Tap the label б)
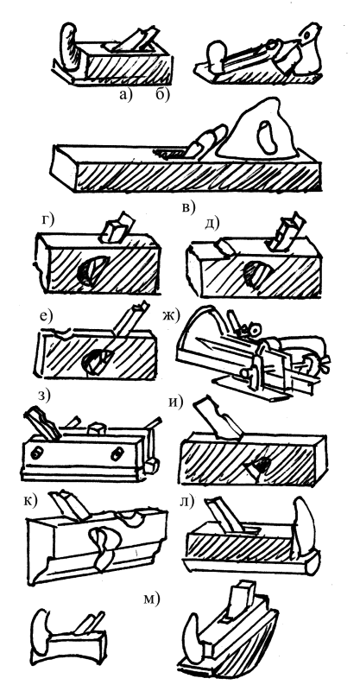(x=162, y=95)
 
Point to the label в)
(x=188, y=207)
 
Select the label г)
(x=47, y=220)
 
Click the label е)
(x=46, y=316)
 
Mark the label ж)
(x=172, y=316)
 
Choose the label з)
(x=45, y=395)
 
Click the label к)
(x=31, y=500)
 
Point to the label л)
(x=186, y=503)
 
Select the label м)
(x=152, y=599)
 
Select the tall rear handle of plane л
(x=303, y=524)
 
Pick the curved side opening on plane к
(x=104, y=543)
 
